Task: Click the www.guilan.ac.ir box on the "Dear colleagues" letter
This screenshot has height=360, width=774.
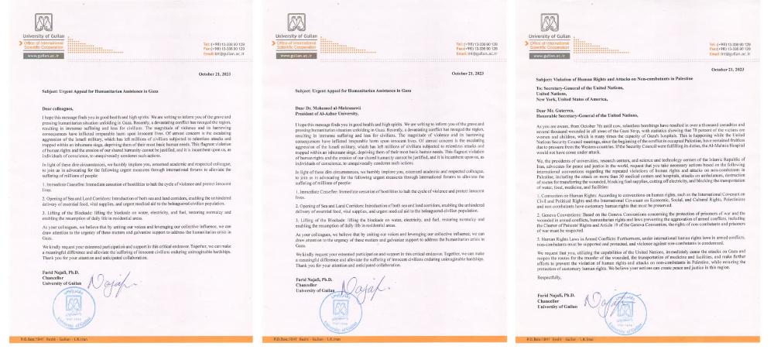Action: pyautogui.click(x=36, y=57)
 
